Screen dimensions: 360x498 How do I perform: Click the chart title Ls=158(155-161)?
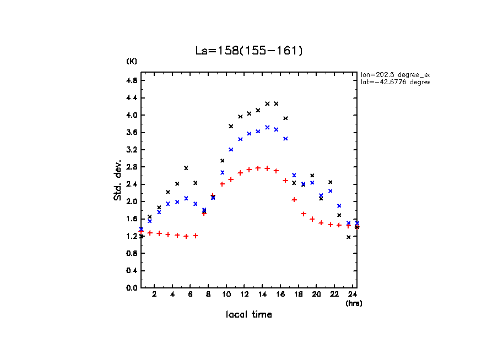pyautogui.click(x=249, y=51)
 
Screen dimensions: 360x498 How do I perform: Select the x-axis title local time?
pyautogui.click(x=249, y=314)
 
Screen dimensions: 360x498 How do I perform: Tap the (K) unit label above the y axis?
pyautogui.click(x=132, y=61)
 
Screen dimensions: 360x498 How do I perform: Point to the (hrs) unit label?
pyautogui.click(x=354, y=303)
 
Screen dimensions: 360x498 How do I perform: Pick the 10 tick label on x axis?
pyautogui.click(x=226, y=294)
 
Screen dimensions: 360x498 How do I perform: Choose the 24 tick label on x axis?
pyautogui.click(x=353, y=294)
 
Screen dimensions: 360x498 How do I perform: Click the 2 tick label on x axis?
pyautogui.click(x=155, y=294)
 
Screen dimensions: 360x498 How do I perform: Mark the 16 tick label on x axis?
pyautogui.click(x=280, y=294)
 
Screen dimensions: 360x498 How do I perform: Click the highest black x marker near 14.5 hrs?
pyautogui.click(x=267, y=103)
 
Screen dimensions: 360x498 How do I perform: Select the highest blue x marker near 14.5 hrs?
pyautogui.click(x=267, y=127)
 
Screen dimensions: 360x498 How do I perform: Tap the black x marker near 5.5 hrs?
pyautogui.click(x=186, y=168)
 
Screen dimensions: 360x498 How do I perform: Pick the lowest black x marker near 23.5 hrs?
pyautogui.click(x=349, y=237)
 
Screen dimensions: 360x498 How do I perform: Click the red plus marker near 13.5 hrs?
pyautogui.click(x=258, y=168)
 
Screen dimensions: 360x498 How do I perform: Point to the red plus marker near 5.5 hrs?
pyautogui.click(x=186, y=236)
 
